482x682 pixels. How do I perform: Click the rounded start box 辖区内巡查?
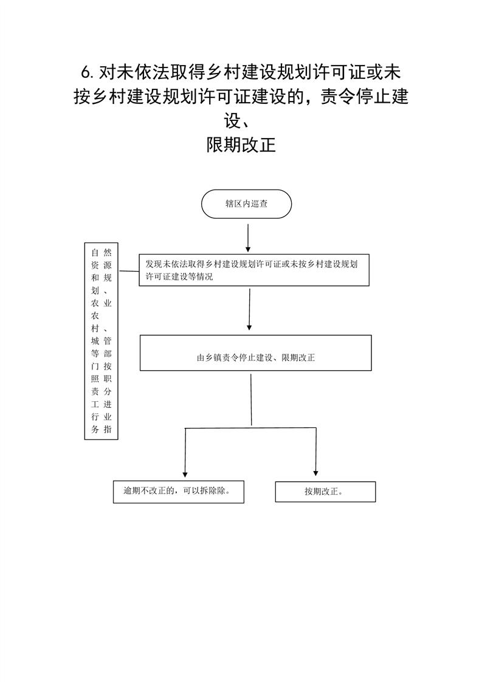coord(246,204)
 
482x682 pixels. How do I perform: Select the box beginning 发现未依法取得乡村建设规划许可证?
coord(254,270)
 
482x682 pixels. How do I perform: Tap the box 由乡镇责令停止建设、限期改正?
coord(255,353)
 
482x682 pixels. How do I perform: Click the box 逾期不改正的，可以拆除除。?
coord(178,492)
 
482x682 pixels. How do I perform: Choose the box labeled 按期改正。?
coord(325,492)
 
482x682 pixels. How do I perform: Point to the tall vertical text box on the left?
coord(101,341)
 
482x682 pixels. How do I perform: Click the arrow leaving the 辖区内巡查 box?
coord(248,238)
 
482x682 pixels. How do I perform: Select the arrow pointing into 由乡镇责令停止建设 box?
coord(249,309)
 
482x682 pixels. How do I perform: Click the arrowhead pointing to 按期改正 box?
coord(316,474)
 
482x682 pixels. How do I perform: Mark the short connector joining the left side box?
coord(129,272)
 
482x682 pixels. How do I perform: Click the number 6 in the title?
coord(86,72)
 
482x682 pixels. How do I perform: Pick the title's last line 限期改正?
coord(241,145)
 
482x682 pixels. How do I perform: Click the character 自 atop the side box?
coord(95,253)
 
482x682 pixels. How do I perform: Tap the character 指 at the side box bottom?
coord(108,429)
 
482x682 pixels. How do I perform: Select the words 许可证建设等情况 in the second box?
coord(179,277)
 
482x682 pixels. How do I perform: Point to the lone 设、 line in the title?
coord(237,121)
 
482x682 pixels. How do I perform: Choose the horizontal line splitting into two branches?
coord(250,428)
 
